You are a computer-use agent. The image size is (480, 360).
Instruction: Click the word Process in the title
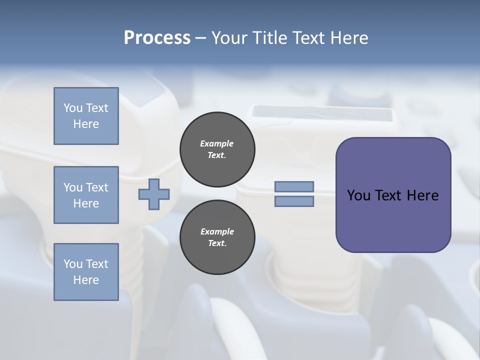[x=157, y=38]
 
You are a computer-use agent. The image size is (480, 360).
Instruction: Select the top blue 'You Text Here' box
[x=86, y=116]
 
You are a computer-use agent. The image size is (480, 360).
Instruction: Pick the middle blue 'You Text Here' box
[x=86, y=195]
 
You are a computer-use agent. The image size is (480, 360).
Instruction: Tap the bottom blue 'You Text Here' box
[x=86, y=272]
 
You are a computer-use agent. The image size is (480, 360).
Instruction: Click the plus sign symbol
[x=154, y=194]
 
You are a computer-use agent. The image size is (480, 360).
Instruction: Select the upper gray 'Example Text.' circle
[x=217, y=149]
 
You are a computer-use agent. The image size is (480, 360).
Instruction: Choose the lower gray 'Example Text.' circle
[x=217, y=237]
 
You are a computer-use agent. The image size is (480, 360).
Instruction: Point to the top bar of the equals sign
[x=294, y=186]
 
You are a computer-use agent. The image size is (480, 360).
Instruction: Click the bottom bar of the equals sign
[x=294, y=201]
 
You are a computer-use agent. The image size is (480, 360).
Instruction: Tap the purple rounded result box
[x=393, y=220]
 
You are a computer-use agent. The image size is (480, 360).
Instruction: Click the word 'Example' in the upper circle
[x=217, y=144]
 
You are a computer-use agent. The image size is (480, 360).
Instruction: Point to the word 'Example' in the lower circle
[x=217, y=232]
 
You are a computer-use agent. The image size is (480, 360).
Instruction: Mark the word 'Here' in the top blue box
[x=86, y=124]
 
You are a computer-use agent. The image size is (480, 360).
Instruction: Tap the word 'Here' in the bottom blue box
[x=86, y=280]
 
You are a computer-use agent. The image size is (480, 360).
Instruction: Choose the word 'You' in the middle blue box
[x=72, y=187]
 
